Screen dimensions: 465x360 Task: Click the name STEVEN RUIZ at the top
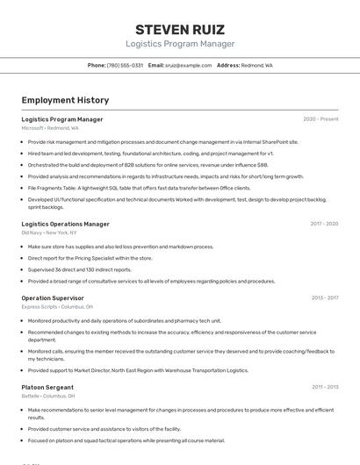click(x=180, y=29)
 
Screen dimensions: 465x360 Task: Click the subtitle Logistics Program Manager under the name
click(x=180, y=44)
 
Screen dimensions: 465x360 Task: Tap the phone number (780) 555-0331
click(x=125, y=65)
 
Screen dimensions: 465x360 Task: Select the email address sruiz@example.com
click(x=189, y=65)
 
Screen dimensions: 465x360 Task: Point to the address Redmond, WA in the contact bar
click(x=256, y=65)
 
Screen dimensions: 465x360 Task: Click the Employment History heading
click(x=65, y=100)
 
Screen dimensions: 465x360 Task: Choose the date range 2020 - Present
click(x=320, y=119)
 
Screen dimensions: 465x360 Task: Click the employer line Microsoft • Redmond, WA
click(x=50, y=128)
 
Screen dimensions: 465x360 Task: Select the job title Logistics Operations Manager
click(x=66, y=224)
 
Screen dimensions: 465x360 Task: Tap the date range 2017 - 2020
click(x=324, y=224)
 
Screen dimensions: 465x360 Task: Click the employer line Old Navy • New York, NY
click(x=49, y=233)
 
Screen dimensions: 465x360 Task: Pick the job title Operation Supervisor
click(x=53, y=298)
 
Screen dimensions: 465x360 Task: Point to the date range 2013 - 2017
click(x=324, y=298)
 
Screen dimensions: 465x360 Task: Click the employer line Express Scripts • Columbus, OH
click(x=58, y=307)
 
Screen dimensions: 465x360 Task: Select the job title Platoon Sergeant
click(x=48, y=387)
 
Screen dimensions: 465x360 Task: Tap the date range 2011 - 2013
click(x=324, y=387)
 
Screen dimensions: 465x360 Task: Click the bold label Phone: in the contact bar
click(x=97, y=65)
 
